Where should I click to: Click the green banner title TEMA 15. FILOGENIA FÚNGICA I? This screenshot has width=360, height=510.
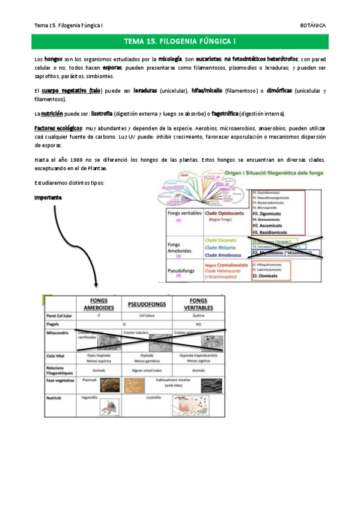[180, 41]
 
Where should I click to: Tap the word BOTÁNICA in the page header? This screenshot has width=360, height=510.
[313, 25]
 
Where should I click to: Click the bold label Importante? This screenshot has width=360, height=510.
[47, 197]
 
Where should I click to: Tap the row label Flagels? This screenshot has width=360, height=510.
[55, 324]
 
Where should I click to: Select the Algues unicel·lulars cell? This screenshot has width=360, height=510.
[147, 371]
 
